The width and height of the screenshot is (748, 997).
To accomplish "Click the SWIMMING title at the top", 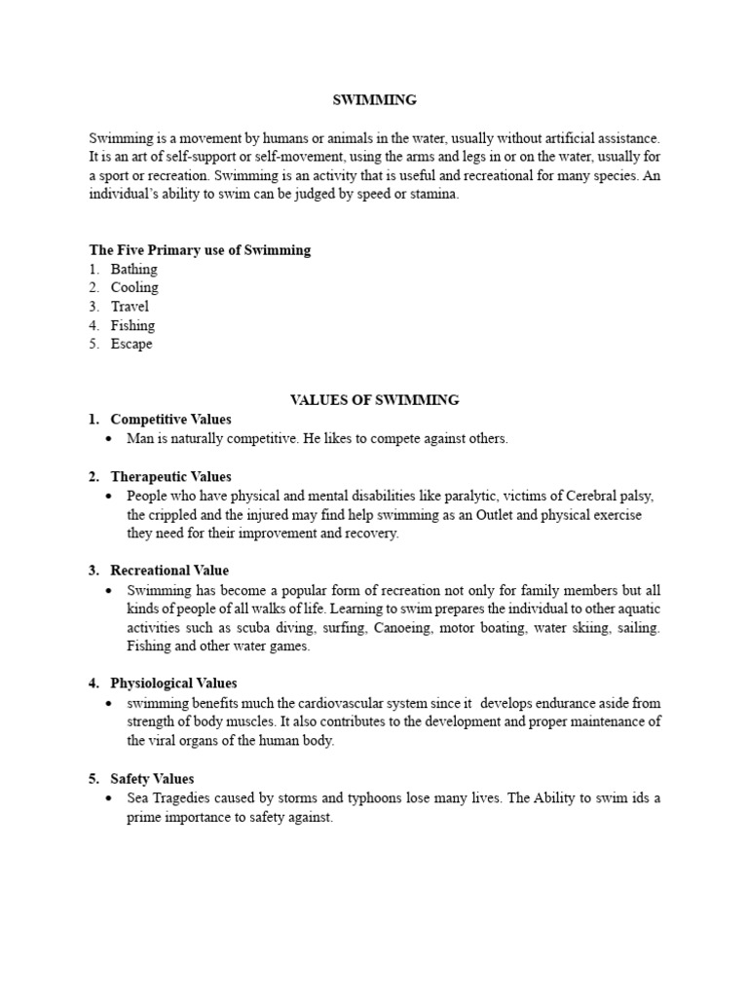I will click(374, 99).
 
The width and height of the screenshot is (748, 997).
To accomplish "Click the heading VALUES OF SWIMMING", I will click(374, 399).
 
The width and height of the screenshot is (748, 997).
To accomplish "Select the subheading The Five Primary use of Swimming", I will click(200, 250).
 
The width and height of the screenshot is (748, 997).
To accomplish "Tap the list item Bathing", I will click(133, 269).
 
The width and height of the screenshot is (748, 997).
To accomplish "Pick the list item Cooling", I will click(134, 287).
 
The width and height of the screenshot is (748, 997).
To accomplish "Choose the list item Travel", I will click(130, 307).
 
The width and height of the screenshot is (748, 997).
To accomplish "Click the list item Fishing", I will click(132, 325).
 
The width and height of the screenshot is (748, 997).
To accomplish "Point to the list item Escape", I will click(131, 344).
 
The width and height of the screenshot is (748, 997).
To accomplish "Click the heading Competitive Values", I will click(170, 419).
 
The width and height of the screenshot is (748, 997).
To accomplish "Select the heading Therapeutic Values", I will click(170, 476).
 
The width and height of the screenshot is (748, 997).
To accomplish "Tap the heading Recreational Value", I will click(169, 571).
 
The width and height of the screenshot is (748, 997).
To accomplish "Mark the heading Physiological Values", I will click(173, 683).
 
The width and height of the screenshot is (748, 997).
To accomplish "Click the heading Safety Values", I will click(152, 779).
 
